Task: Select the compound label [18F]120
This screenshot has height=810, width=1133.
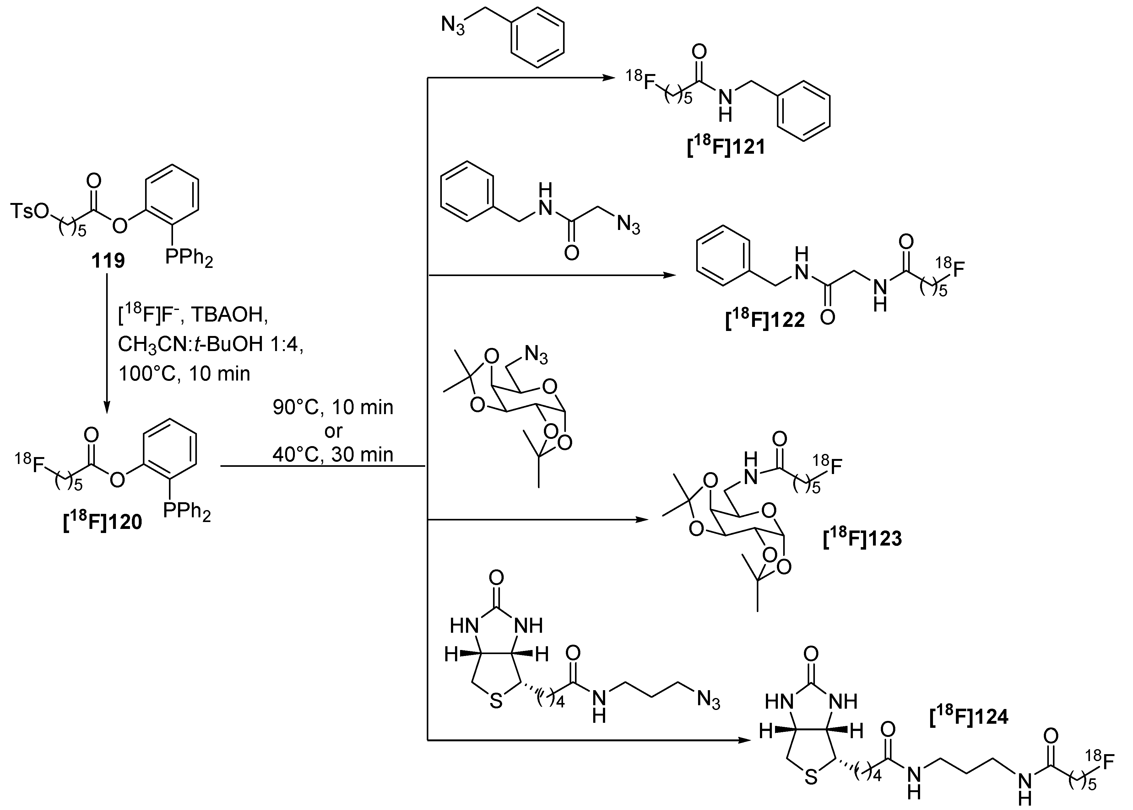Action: (102, 522)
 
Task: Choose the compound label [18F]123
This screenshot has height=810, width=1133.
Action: (862, 538)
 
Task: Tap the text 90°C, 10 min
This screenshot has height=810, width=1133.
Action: (333, 408)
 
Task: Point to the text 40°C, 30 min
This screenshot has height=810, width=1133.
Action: (333, 454)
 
